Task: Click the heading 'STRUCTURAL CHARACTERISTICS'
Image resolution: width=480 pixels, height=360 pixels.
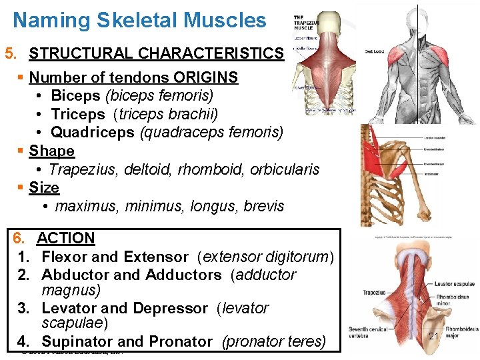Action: (x=156, y=53)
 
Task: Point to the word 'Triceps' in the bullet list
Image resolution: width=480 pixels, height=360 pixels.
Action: (x=78, y=114)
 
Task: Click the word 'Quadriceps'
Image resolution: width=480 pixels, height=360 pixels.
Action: (x=93, y=132)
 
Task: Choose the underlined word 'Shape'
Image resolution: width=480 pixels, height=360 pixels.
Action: (x=51, y=151)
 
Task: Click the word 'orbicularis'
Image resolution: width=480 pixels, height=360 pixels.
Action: (x=285, y=169)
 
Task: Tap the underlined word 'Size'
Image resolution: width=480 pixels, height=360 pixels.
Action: (x=44, y=188)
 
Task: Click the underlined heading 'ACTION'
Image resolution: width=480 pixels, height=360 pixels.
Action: (x=66, y=238)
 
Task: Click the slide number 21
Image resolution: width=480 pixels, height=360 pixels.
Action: (x=433, y=336)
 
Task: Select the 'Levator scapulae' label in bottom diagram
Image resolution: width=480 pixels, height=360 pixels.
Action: (x=455, y=284)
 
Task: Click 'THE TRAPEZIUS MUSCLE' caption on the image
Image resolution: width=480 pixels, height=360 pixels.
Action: (x=305, y=23)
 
